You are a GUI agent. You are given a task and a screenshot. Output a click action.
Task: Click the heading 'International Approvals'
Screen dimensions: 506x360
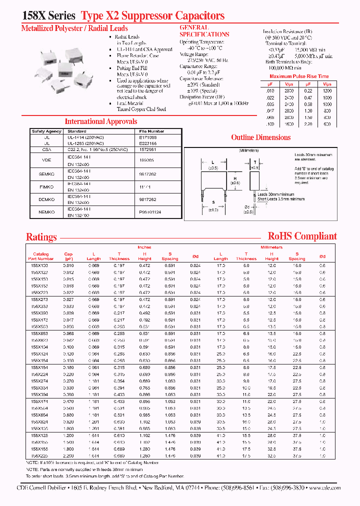[100, 121]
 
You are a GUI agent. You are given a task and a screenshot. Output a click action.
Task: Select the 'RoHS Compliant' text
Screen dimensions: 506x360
[302, 236]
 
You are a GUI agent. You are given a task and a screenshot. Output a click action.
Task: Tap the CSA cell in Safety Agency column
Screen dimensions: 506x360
[46, 149]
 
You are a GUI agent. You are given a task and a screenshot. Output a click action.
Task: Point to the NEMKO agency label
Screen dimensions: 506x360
[46, 211]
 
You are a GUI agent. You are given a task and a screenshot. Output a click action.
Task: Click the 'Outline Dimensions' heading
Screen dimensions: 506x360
[260, 137]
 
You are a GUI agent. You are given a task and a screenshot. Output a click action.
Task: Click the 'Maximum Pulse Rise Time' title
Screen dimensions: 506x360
[299, 76]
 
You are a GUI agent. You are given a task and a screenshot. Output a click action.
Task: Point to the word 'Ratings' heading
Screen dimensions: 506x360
[41, 237]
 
